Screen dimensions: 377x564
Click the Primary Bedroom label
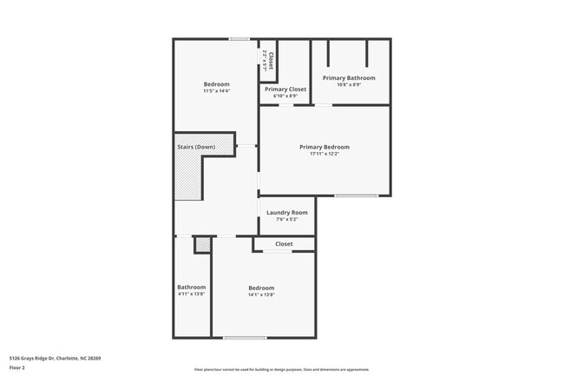click(x=325, y=147)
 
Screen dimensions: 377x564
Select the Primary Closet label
click(x=285, y=89)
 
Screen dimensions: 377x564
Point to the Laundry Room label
click(x=287, y=212)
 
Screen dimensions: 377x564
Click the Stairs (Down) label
click(x=196, y=147)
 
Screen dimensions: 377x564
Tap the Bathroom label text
click(x=192, y=287)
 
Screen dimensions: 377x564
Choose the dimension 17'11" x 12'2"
click(x=325, y=155)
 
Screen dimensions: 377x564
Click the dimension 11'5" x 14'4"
click(x=216, y=91)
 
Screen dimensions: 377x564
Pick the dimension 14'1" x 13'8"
click(x=261, y=294)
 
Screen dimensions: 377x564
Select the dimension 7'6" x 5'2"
click(x=287, y=219)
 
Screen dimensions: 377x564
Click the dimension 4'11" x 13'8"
click(x=192, y=294)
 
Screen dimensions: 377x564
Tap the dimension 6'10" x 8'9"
click(x=285, y=96)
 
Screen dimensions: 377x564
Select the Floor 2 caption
click(x=17, y=367)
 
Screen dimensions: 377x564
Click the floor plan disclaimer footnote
click(x=281, y=369)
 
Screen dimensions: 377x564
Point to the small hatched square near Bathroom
click(x=203, y=246)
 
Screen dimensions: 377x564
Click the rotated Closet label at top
click(x=270, y=61)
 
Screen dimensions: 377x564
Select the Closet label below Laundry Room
click(x=284, y=244)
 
